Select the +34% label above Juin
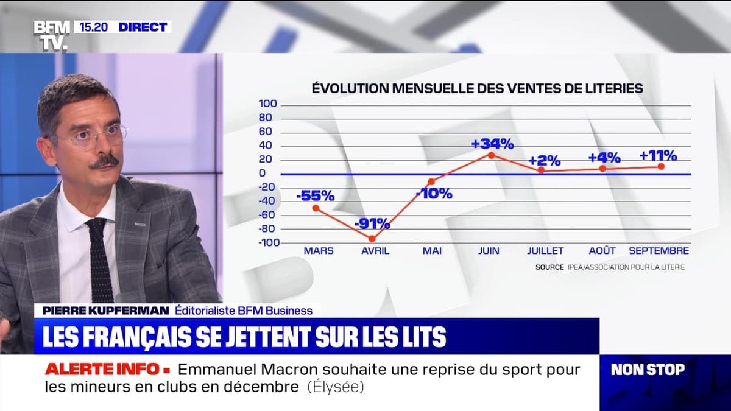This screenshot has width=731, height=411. (492, 144)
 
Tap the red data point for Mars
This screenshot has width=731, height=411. (316, 208)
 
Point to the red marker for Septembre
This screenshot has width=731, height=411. (661, 166)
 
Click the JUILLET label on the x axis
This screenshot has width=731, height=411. (545, 251)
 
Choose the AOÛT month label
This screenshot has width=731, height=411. (602, 251)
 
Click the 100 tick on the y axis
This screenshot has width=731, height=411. (269, 104)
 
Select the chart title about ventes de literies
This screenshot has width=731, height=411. (477, 88)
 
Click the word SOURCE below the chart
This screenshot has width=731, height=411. (549, 267)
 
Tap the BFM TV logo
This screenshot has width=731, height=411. (51, 35)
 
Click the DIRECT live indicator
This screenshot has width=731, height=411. (142, 27)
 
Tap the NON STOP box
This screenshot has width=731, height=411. (648, 369)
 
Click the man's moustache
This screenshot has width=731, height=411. (104, 162)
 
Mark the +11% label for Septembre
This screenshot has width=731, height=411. (658, 155)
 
